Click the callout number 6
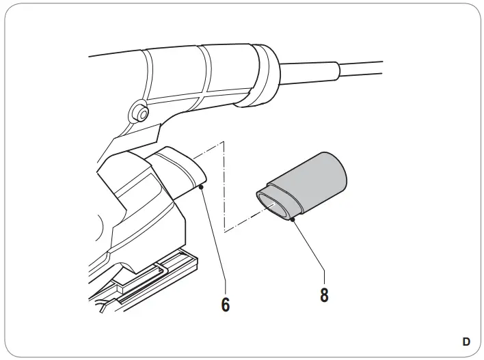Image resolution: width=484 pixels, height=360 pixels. (226, 304)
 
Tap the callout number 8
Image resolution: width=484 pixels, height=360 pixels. (324, 295)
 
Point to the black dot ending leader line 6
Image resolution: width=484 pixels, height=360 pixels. (201, 186)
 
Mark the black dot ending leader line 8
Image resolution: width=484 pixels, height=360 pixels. (292, 219)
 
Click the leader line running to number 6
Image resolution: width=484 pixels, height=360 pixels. (213, 239)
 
